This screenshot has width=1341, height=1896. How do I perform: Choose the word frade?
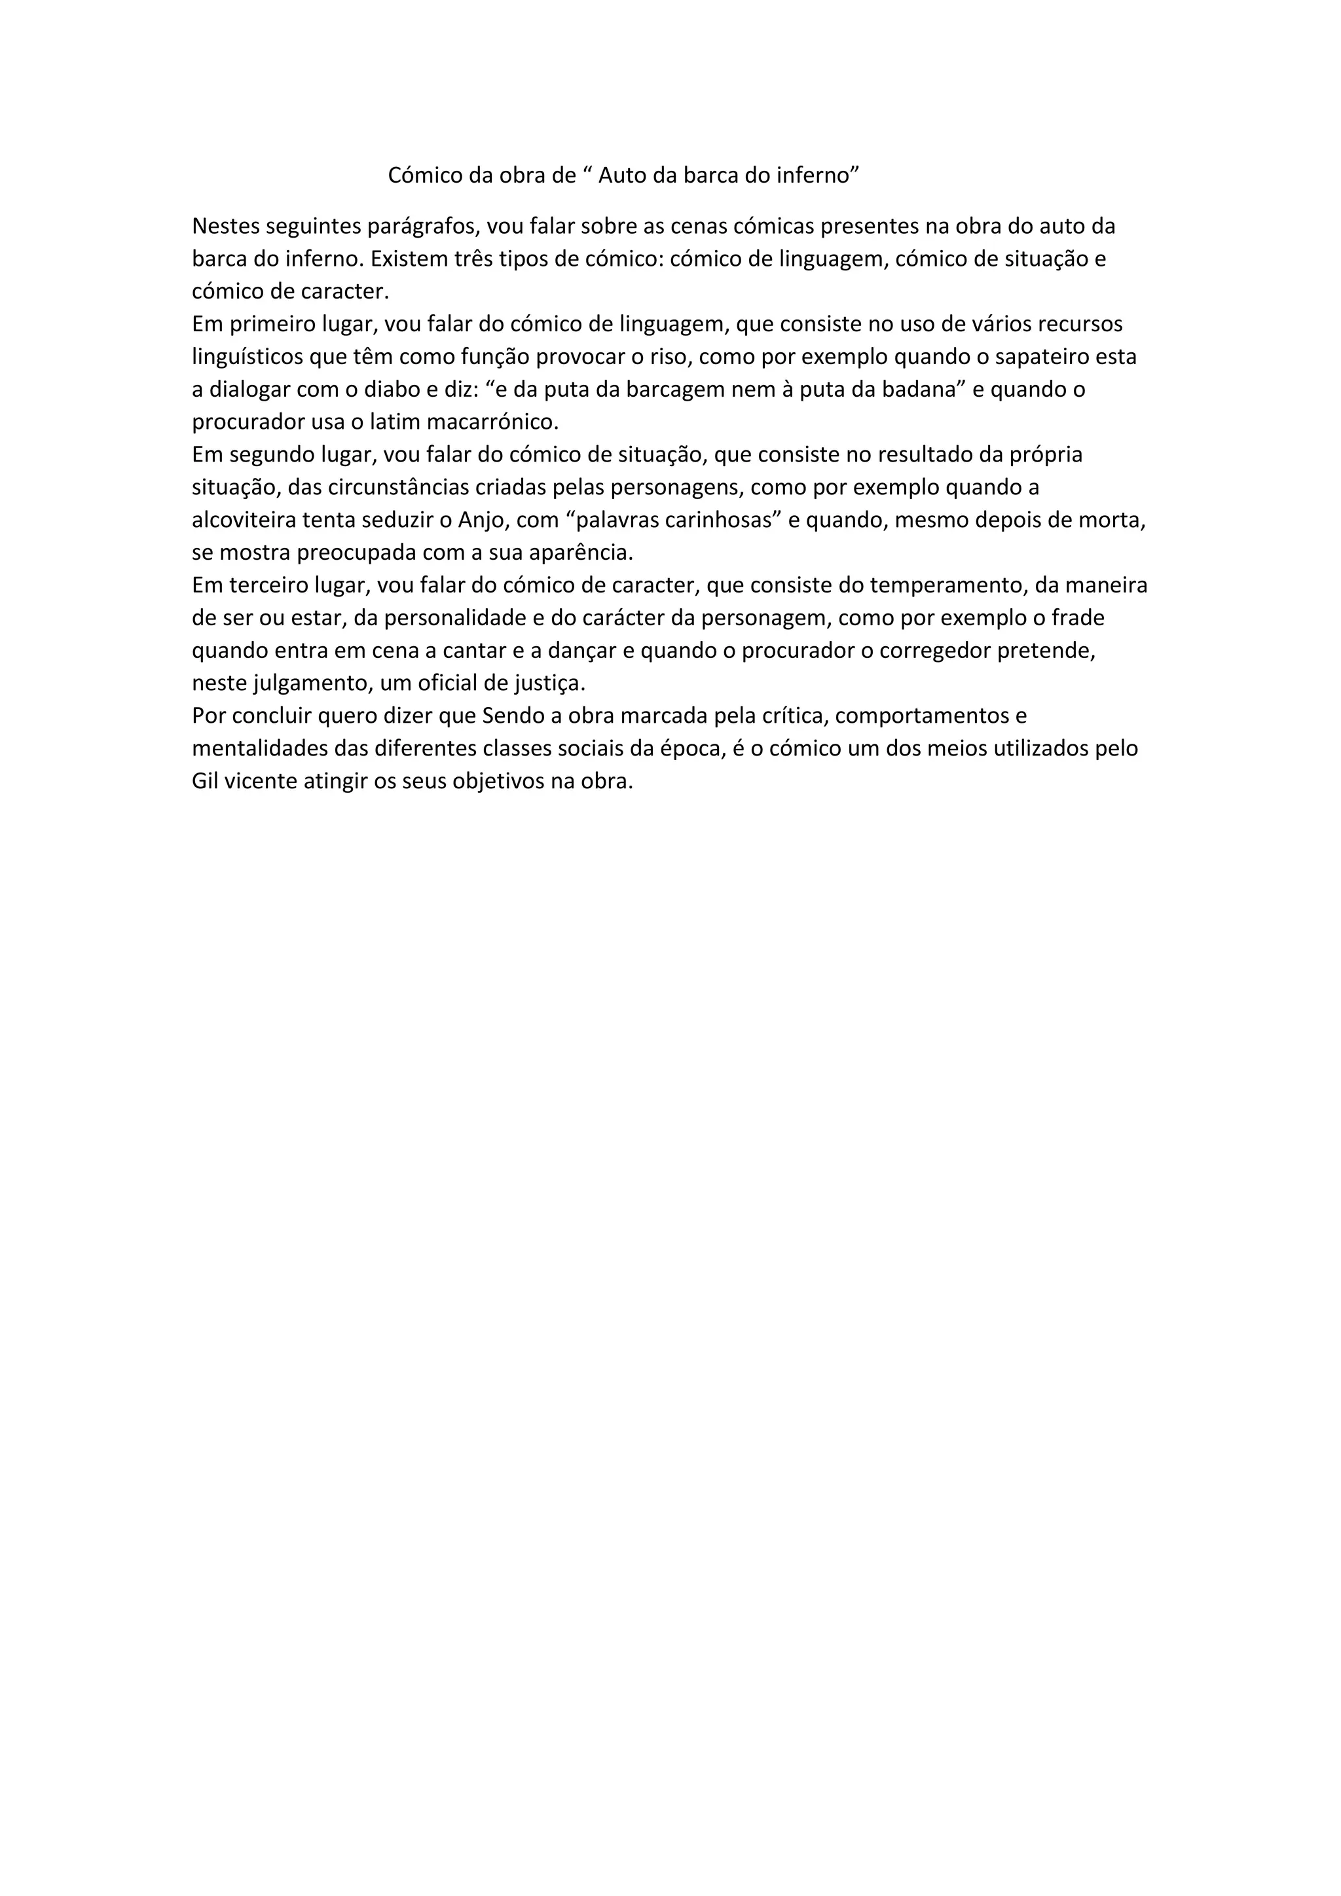(1078, 617)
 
